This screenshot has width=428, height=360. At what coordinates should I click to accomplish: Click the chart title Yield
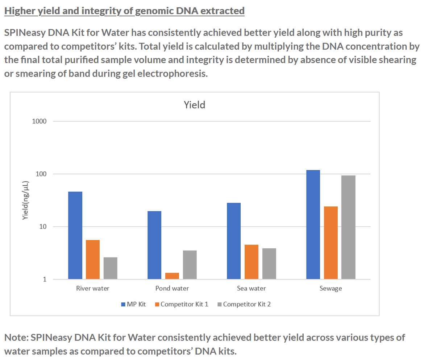click(x=194, y=105)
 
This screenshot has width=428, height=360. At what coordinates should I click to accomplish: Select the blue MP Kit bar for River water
click(x=75, y=235)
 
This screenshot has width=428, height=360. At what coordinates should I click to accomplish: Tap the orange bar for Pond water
click(x=172, y=276)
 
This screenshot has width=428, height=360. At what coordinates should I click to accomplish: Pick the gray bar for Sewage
click(x=348, y=227)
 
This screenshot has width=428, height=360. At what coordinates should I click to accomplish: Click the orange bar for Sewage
click(x=331, y=243)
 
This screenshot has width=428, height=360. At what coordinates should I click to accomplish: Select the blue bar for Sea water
click(x=234, y=241)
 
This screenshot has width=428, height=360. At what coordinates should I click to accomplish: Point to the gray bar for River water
click(x=111, y=268)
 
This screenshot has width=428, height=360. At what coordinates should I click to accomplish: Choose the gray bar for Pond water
click(x=190, y=265)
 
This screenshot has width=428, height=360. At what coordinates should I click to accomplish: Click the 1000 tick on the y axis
click(x=40, y=121)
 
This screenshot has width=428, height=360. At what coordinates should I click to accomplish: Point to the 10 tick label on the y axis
click(x=43, y=227)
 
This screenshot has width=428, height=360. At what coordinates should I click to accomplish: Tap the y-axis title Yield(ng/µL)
click(x=25, y=200)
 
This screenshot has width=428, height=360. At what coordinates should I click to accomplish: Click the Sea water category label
click(x=251, y=289)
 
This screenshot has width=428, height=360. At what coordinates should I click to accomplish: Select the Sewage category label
click(x=331, y=289)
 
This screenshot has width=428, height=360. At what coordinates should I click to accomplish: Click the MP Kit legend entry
click(x=133, y=304)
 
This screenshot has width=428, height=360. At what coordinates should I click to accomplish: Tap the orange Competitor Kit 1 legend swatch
click(x=157, y=305)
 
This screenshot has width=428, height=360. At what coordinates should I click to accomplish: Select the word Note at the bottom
click(x=16, y=338)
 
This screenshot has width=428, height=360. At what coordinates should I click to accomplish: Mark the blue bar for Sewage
click(x=313, y=224)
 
